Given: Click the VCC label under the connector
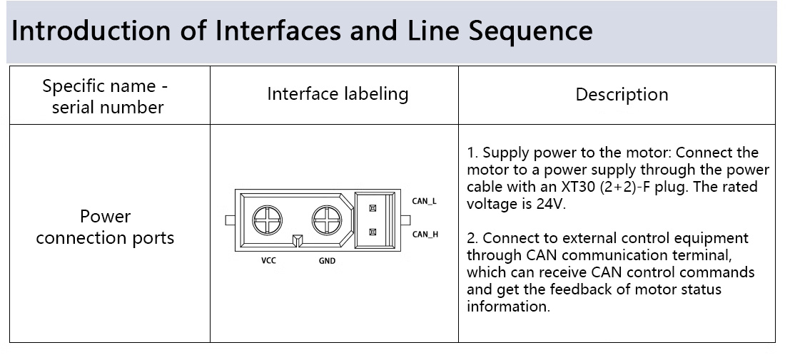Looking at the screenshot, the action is click(268, 261).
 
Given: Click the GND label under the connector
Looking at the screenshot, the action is click(327, 261).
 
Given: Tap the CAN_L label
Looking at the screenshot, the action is click(424, 202).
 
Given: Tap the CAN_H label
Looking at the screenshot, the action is click(425, 234).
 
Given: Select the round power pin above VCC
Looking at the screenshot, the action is click(267, 220).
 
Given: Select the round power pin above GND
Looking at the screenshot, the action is click(327, 220).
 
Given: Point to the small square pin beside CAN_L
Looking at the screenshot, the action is click(373, 208).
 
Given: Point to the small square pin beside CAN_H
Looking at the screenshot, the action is click(373, 232).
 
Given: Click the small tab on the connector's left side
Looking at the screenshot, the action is click(231, 220).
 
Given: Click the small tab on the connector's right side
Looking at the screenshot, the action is click(405, 220).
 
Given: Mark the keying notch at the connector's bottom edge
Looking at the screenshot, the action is click(298, 241).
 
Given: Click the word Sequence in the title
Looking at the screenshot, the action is click(530, 31).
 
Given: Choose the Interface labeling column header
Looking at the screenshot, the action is click(338, 94).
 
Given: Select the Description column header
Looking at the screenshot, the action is click(622, 95).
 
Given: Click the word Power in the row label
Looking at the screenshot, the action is click(106, 217).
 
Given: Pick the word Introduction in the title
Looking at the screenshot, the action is click(91, 31).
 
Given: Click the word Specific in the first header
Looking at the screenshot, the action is click(74, 86).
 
